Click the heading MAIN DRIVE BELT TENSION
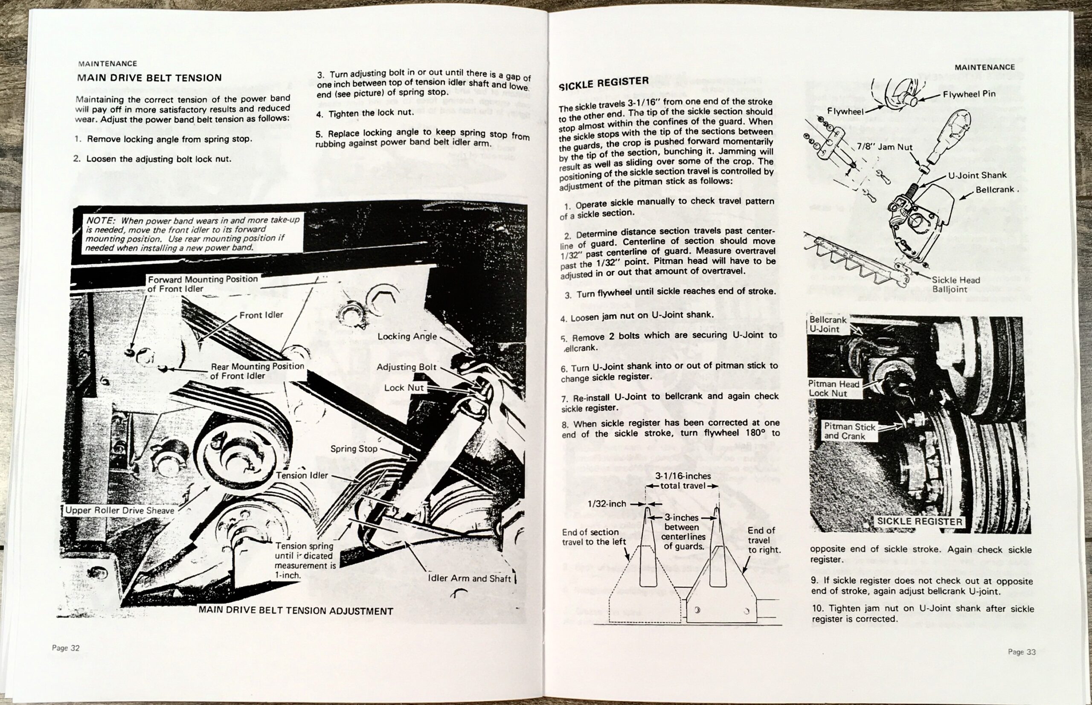149,78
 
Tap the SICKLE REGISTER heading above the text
604,83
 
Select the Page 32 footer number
66,648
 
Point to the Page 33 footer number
1022,651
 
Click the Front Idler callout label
261,315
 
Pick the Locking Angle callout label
407,337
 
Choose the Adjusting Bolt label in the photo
407,367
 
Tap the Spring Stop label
354,449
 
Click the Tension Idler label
302,475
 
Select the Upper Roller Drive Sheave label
120,511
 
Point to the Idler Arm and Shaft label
469,578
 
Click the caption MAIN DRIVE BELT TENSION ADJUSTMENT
296,611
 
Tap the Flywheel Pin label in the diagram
969,94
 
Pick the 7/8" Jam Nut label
884,148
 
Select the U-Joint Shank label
977,175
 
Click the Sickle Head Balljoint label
956,284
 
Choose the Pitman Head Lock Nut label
834,388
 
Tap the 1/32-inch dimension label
607,504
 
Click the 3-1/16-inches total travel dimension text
682,481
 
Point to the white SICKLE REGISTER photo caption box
919,522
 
